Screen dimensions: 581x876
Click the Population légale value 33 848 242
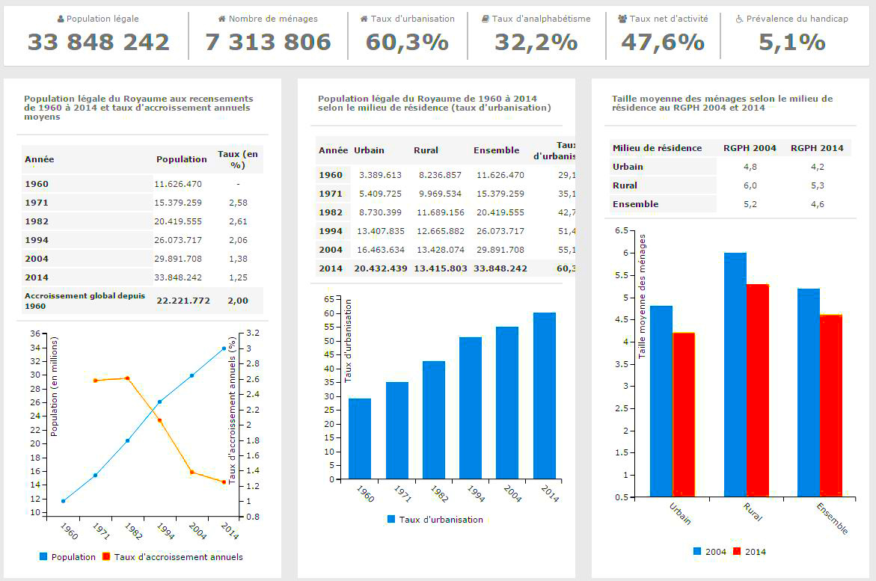pos(99,43)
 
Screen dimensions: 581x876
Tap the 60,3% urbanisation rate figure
pos(407,43)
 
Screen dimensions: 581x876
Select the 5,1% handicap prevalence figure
pos(791,43)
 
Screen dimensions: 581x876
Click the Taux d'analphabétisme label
pos(541,19)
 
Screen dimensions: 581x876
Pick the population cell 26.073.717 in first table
pos(178,239)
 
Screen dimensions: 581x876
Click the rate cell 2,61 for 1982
pos(238,221)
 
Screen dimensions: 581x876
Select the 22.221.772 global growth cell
pos(183,301)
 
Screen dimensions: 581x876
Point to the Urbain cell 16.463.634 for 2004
pos(381,250)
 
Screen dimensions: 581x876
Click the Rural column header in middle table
pos(426,150)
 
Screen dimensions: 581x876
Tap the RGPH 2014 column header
pos(817,148)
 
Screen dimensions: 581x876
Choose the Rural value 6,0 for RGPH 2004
pos(750,185)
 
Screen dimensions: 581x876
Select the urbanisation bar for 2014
pos(545,396)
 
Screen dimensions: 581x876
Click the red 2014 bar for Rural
pos(758,390)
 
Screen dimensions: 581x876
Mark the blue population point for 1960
pos(64,501)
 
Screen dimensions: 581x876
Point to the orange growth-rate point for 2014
pos(224,482)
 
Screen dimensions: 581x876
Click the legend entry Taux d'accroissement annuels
pos(178,557)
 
